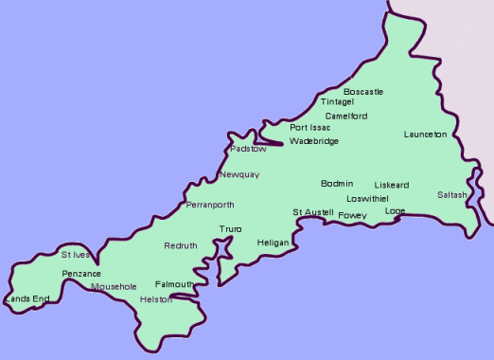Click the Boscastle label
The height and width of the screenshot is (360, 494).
pos(363,92)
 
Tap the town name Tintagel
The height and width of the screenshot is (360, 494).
pos(337,101)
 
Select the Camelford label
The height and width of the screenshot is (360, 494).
pos(345,116)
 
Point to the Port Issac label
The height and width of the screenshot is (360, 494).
pos(310,127)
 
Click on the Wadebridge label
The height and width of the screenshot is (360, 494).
pos(314,141)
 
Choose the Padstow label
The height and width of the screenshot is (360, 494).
pos(249,149)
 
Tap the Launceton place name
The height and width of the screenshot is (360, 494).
pos(425,135)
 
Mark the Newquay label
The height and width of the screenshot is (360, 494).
pos(238,175)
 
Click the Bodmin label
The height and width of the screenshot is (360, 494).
pos(337,183)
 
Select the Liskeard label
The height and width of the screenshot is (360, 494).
pos(391,185)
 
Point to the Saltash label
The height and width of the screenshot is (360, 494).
pos(452,195)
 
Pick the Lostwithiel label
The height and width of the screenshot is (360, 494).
pos(367,199)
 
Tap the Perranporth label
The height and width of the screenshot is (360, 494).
pos(210,205)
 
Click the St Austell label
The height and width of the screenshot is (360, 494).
pos(312,211)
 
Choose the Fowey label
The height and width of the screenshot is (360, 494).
pos(352,215)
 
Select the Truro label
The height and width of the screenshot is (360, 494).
pos(230,229)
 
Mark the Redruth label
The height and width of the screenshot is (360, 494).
pos(181,245)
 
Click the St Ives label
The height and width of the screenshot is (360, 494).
pos(77,255)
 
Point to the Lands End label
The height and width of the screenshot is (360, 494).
pos(27,299)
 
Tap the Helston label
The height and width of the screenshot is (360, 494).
pos(155,299)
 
